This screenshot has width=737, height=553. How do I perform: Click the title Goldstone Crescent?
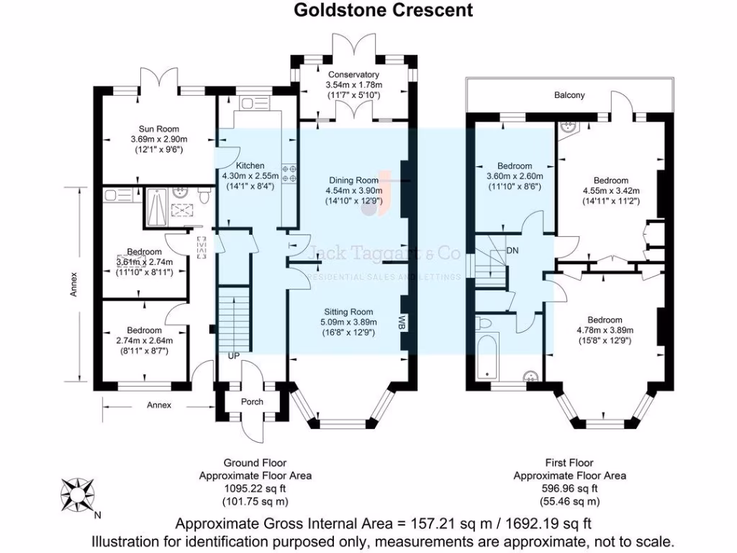point(383,10)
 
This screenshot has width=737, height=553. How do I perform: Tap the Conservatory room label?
point(353,75)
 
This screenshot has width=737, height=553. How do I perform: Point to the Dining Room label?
point(353,180)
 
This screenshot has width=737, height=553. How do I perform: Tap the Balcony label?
point(569,95)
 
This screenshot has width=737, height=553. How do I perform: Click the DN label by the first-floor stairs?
point(512,250)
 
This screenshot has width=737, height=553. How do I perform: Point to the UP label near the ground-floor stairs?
point(234,356)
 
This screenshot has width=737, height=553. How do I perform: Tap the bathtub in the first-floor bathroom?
point(487,356)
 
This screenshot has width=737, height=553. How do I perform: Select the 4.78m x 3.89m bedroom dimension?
point(604,331)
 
